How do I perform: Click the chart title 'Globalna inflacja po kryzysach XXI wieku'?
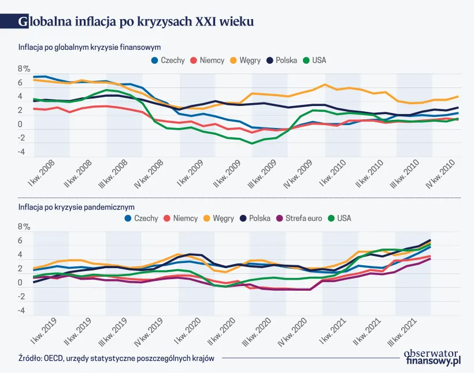[x=136, y=21]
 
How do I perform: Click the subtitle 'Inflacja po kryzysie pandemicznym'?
[x=76, y=206]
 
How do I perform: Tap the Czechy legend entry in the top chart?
[x=168, y=60]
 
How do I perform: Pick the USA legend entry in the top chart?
[x=314, y=60]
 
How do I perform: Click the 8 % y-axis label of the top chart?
[x=24, y=69]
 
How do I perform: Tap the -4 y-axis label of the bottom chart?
[x=21, y=310]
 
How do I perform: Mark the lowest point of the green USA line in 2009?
[x=252, y=144]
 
